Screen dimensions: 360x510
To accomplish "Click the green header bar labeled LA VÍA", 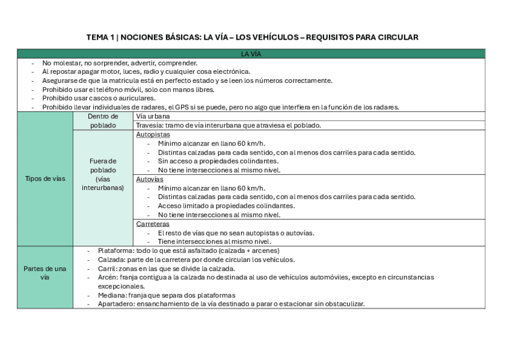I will (x=251, y=54).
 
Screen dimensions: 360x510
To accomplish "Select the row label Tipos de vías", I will (x=45, y=178).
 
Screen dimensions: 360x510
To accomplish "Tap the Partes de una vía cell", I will (x=45, y=273).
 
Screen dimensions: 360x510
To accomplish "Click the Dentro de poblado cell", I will (x=103, y=121).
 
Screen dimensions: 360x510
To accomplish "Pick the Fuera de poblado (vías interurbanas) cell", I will (x=103, y=174).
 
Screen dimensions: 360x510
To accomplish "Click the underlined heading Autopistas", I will (x=153, y=135).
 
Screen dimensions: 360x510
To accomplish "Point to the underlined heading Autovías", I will (x=150, y=179).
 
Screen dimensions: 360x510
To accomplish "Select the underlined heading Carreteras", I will (x=153, y=224).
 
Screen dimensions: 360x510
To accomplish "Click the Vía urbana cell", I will (x=153, y=116).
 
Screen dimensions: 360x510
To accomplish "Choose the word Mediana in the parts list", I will (x=112, y=295).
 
